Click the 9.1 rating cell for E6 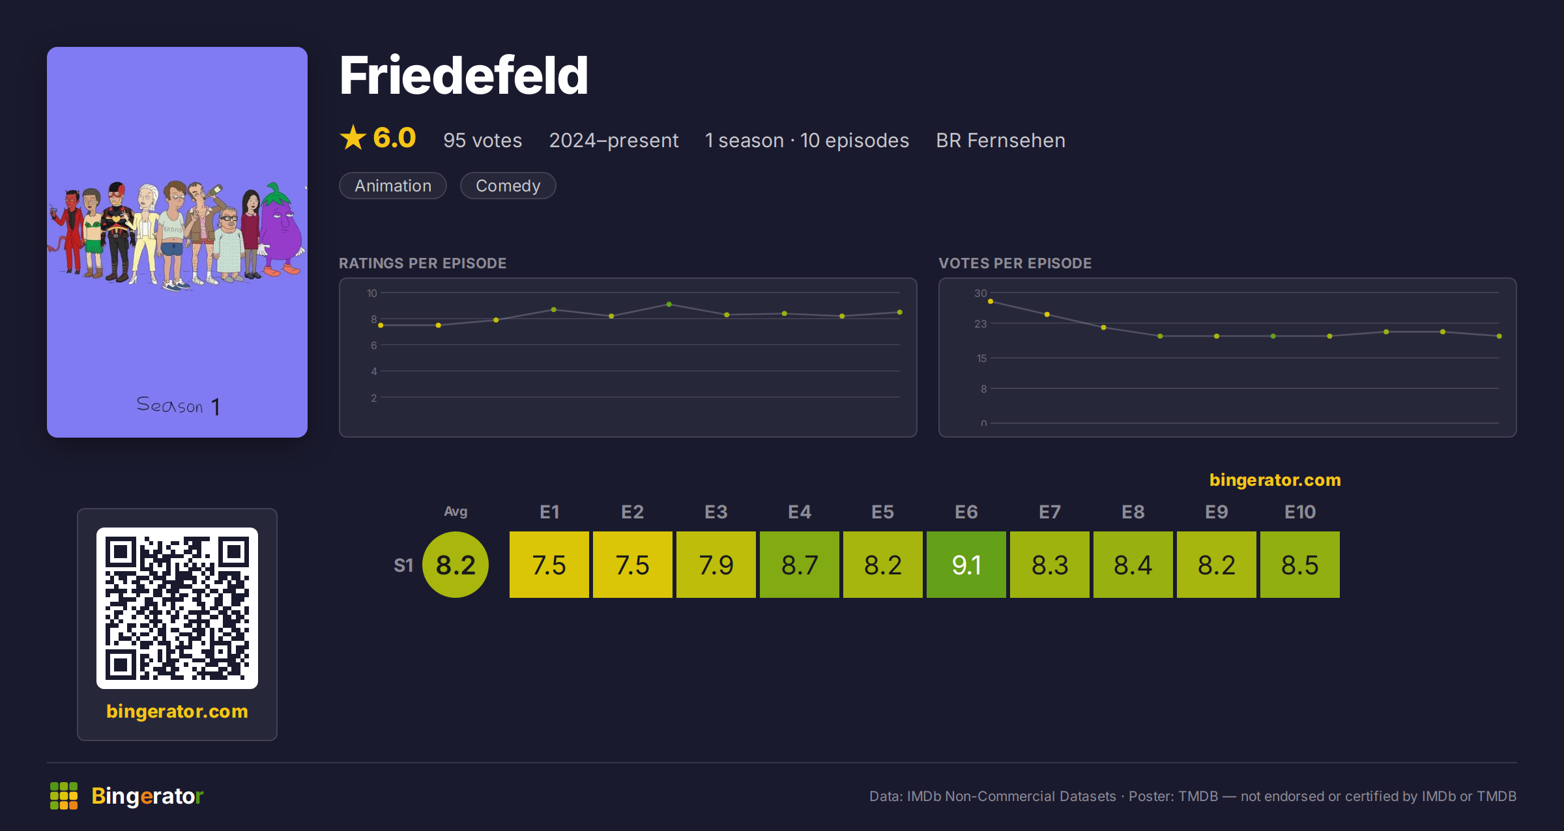pos(966,565)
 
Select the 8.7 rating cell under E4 pos(800,565)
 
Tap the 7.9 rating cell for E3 pos(716,565)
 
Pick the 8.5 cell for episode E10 pos(1300,565)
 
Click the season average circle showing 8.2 pos(456,565)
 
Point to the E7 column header pos(1050,512)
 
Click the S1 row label pos(403,565)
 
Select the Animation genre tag pos(393,186)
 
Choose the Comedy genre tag pos(508,186)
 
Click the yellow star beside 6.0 pos(353,137)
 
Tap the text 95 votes pos(483,140)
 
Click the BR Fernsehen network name pos(1001,140)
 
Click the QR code pos(177,608)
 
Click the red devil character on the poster pos(70,231)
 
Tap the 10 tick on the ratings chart pos(372,293)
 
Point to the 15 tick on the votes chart pos(981,358)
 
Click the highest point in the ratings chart pos(669,304)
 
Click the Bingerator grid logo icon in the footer pos(64,796)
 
